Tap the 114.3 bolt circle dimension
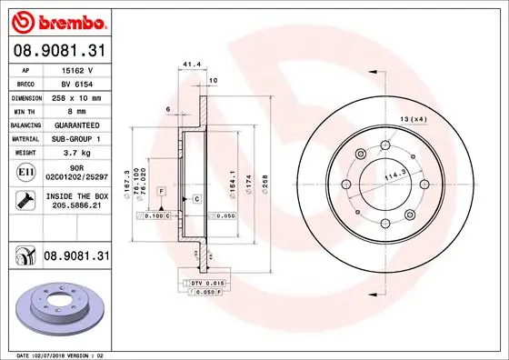pos(393,175)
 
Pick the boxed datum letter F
pos(161,192)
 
